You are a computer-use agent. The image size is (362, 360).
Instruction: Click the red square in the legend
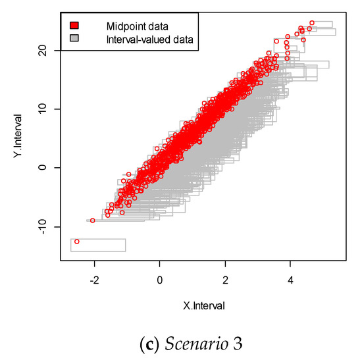[x=74, y=26]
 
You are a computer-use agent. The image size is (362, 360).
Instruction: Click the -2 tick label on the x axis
[x=94, y=278]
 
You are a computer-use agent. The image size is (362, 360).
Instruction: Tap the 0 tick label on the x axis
[x=160, y=278]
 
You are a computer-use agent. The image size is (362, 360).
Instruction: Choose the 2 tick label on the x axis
[x=225, y=278]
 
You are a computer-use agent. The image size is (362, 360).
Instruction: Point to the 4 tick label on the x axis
[x=290, y=278]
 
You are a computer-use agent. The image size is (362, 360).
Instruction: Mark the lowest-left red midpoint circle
[x=77, y=242]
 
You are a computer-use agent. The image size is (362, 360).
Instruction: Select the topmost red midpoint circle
[x=311, y=23]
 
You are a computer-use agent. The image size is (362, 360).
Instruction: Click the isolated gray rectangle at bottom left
[x=98, y=245]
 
